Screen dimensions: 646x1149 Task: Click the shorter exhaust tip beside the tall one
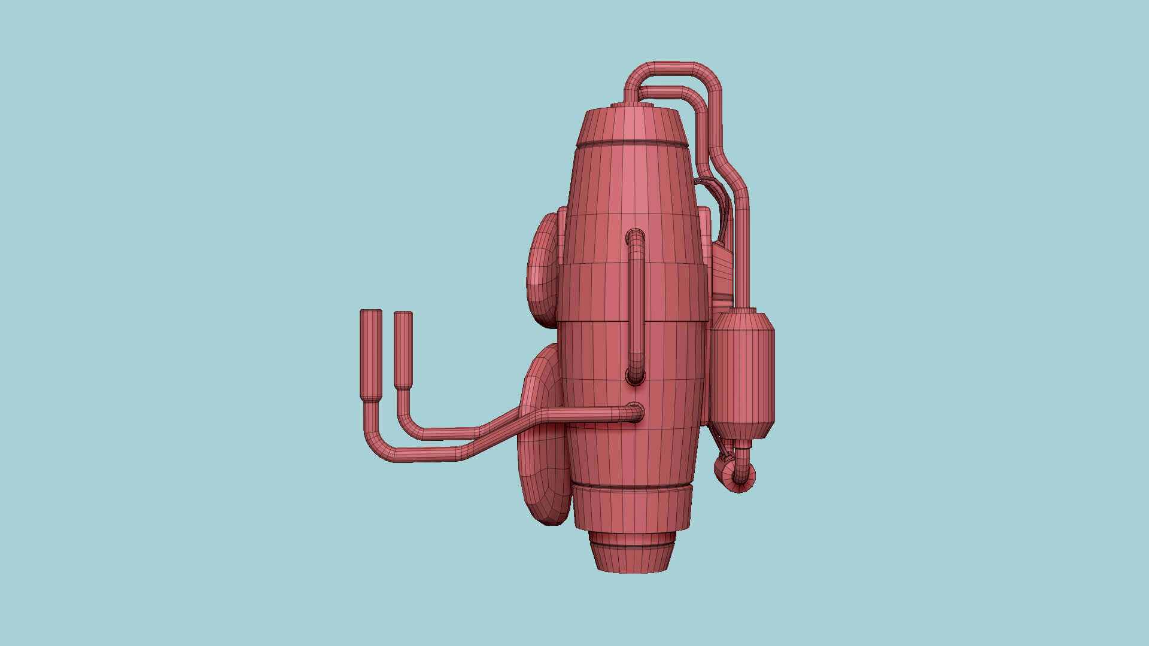coord(403,350)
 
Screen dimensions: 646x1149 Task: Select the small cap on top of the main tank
coord(632,105)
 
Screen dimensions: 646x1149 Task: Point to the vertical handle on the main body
coord(636,305)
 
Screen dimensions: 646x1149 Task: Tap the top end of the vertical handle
coord(636,237)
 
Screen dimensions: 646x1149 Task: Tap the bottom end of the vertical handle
coord(636,376)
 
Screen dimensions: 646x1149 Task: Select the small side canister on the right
coord(743,374)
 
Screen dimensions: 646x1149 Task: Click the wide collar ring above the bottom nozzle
coord(632,508)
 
